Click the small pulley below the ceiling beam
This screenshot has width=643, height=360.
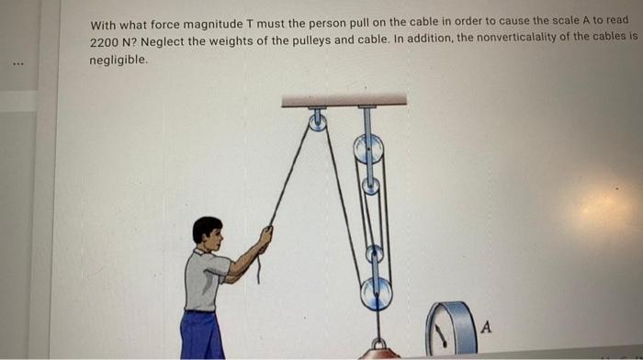tap(317, 121)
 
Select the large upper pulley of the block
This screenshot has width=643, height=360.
tap(368, 149)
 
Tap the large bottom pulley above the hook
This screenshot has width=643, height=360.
tap(376, 294)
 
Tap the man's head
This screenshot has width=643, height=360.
tap(209, 234)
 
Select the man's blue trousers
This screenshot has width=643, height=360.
tap(201, 334)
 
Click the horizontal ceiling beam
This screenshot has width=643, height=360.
tap(344, 99)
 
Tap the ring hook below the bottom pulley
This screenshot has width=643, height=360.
tap(378, 344)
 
